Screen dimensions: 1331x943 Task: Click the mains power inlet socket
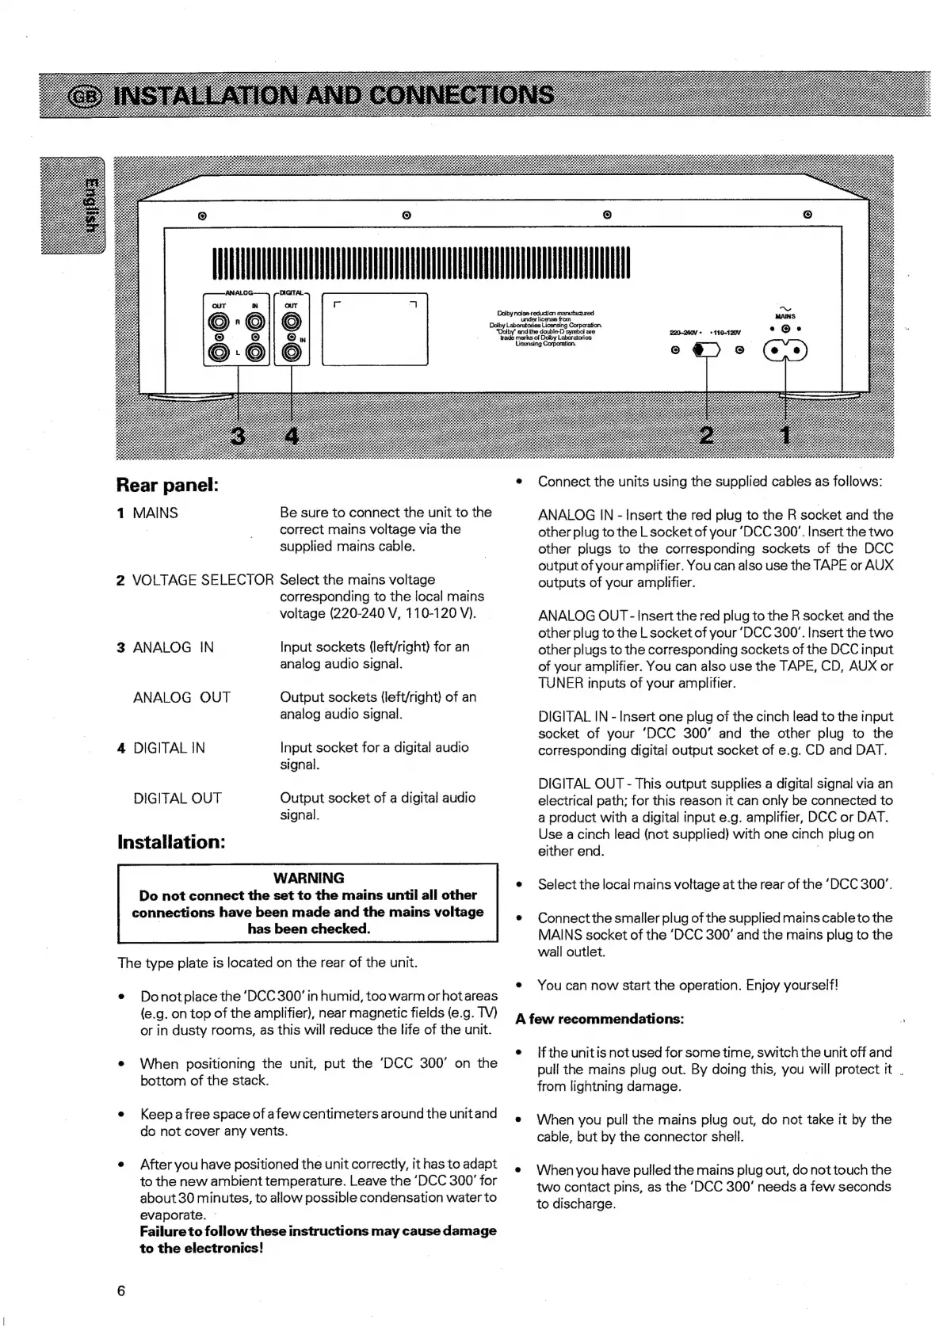coord(785,351)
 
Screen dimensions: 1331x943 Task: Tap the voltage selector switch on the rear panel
coord(705,350)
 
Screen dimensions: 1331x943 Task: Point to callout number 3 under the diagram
coord(236,435)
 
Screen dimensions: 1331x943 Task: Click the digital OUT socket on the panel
coord(292,322)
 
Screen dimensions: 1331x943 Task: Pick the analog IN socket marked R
coord(254,322)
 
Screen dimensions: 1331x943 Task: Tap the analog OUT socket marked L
coord(218,353)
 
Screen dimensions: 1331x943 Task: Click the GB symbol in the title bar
coord(86,96)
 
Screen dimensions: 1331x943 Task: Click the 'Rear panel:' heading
coord(166,484)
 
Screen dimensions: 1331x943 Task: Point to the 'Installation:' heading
coord(171,841)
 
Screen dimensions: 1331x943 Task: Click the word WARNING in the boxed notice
coord(308,878)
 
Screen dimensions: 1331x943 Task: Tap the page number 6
coord(121,1291)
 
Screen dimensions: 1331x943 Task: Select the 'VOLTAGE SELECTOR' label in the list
coord(203,580)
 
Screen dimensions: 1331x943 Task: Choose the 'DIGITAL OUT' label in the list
coord(178,798)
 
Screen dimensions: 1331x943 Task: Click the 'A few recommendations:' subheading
coord(599,1019)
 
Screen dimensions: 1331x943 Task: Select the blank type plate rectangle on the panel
coord(374,330)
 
